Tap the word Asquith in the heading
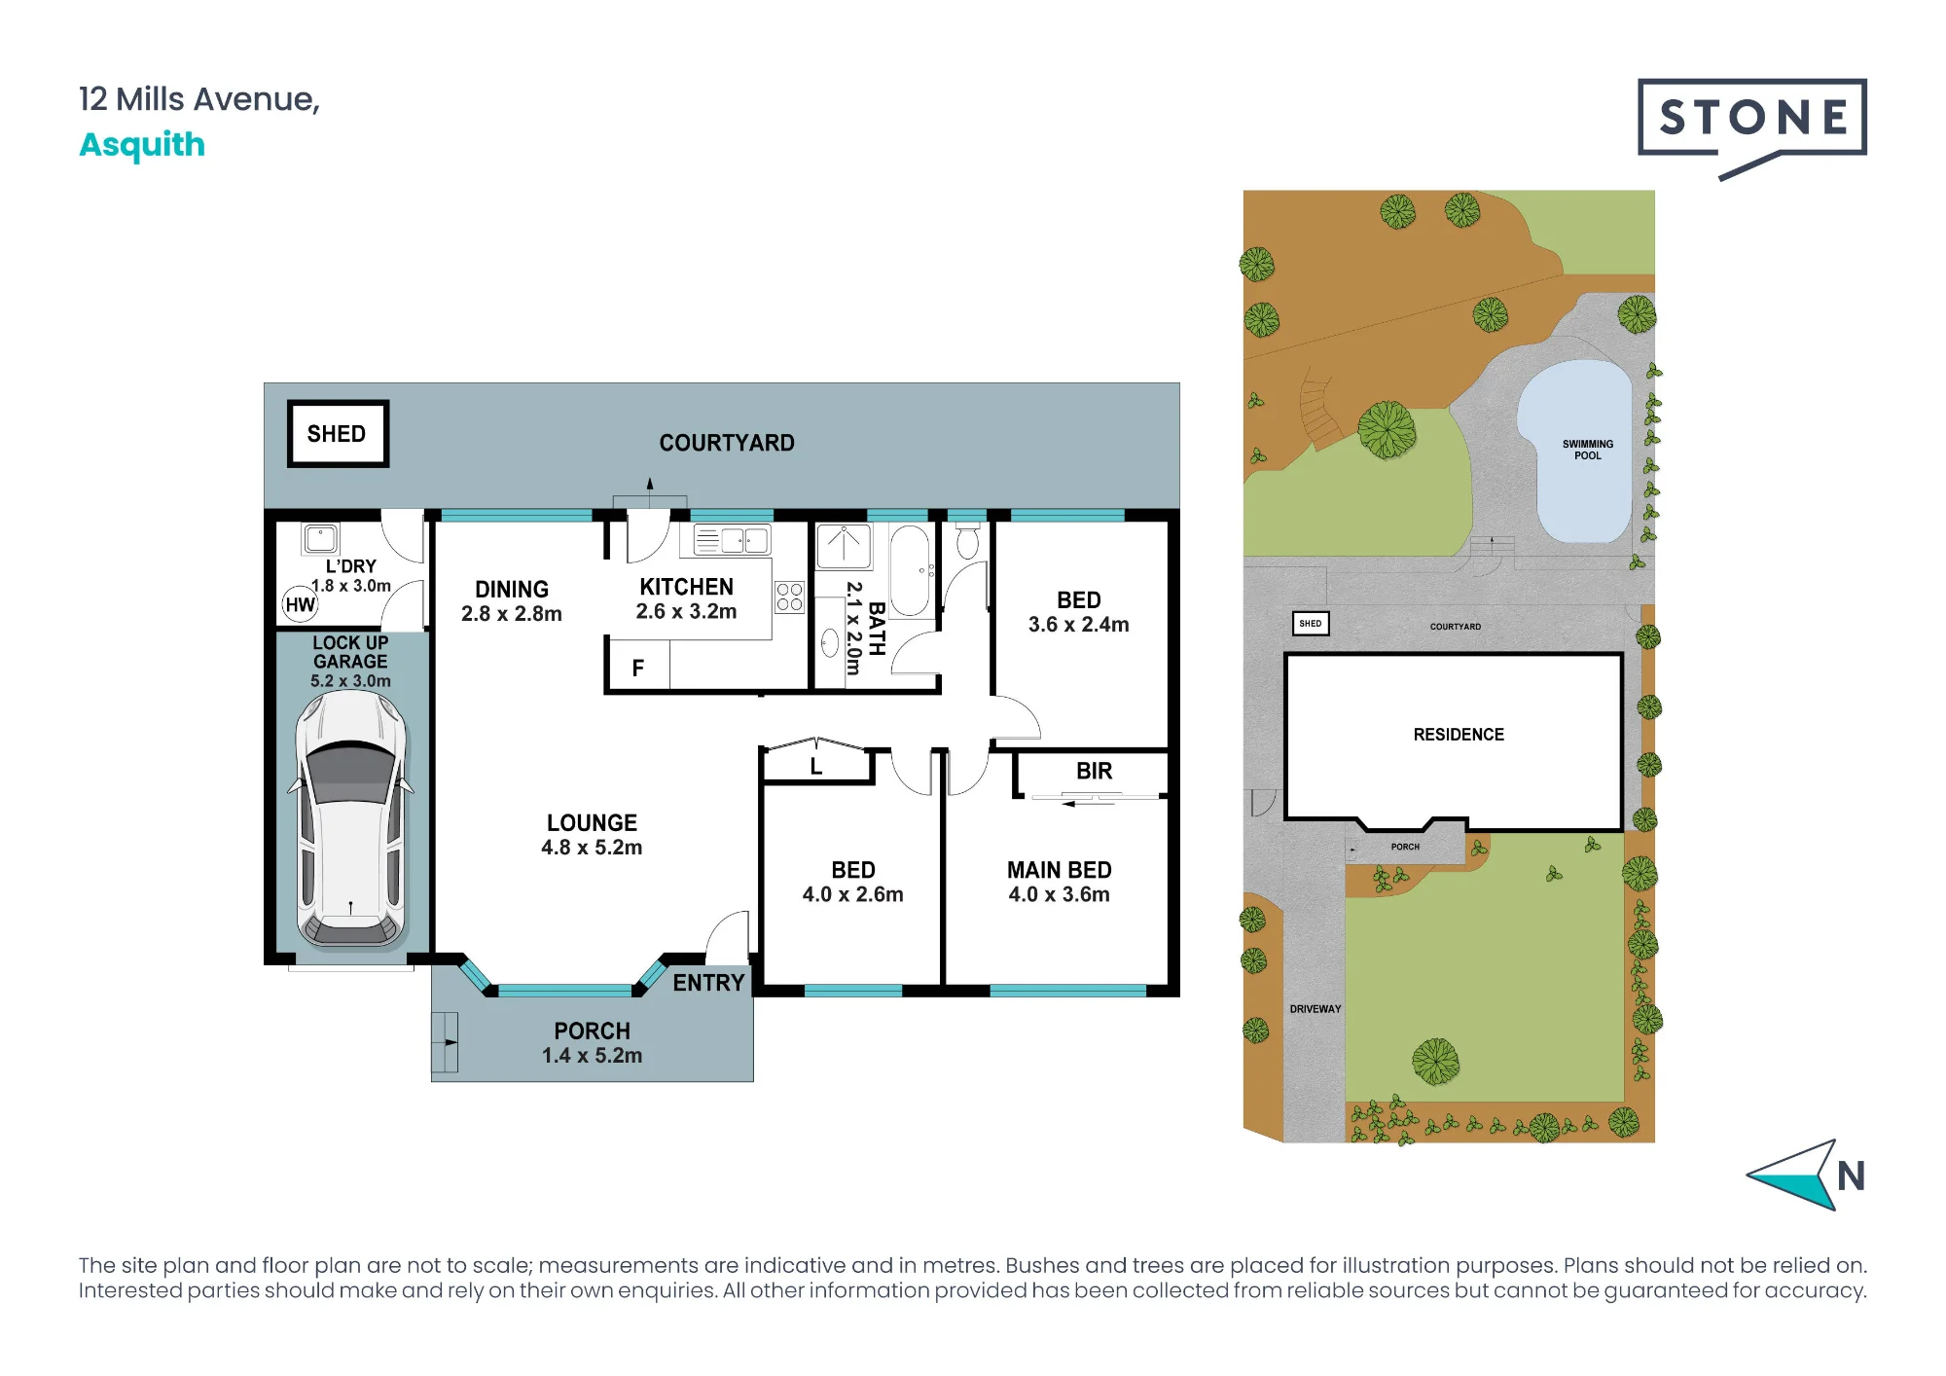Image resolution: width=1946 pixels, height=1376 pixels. click(142, 145)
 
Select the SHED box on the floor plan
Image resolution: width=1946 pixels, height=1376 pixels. click(338, 434)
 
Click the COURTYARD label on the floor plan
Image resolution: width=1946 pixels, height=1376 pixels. click(727, 444)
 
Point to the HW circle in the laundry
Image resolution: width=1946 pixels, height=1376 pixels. click(300, 604)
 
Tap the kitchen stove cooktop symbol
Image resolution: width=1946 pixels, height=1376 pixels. click(789, 597)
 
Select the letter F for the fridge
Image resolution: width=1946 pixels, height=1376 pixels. click(638, 669)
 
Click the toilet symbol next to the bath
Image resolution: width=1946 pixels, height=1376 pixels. click(967, 541)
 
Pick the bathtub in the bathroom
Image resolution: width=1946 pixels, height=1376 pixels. click(910, 571)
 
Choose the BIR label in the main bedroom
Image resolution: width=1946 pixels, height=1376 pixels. click(1094, 772)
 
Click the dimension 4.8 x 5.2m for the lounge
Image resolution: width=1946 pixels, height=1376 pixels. click(592, 848)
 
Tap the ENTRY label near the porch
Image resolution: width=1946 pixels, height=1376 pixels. click(708, 983)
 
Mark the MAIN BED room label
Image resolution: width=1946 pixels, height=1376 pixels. click(1059, 870)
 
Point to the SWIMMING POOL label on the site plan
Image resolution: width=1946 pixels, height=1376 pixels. click(1588, 450)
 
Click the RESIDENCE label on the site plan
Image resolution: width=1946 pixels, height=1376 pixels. click(1459, 735)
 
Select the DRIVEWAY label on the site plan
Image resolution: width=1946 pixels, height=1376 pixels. click(1315, 1009)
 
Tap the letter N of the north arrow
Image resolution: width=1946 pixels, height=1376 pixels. click(1851, 1177)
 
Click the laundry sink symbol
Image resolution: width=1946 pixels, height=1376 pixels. click(320, 538)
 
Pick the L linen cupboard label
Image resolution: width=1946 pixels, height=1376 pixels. click(816, 767)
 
